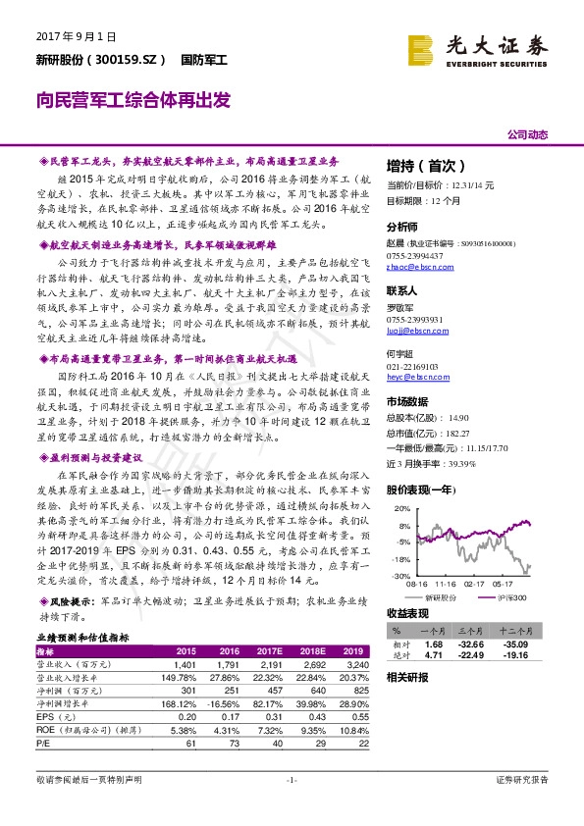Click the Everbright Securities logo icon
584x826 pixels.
coord(421,48)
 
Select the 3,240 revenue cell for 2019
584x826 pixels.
coord(355,664)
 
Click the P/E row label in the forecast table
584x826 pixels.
coord(42,744)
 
